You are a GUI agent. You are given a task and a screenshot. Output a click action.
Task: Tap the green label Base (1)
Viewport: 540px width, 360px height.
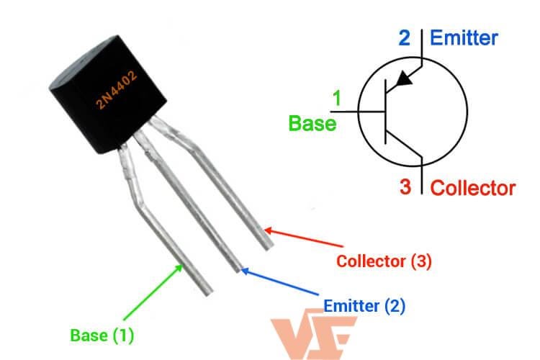coord(102,335)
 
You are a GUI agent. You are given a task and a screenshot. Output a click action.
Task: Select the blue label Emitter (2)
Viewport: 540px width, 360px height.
coord(364,306)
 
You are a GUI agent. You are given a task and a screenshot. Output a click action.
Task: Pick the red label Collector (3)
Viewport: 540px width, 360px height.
coord(384,261)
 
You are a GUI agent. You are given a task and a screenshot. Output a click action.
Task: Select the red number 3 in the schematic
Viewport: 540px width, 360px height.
coord(406,188)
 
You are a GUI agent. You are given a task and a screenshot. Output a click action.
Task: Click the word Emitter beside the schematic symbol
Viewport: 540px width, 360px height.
coord(464,38)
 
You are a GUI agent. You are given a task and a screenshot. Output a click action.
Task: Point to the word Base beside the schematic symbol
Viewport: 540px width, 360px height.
coord(312,123)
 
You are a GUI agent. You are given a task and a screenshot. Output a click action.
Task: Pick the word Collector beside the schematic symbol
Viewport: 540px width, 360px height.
coord(473,189)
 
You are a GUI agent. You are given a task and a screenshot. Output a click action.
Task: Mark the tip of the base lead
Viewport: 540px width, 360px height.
coord(205,292)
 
